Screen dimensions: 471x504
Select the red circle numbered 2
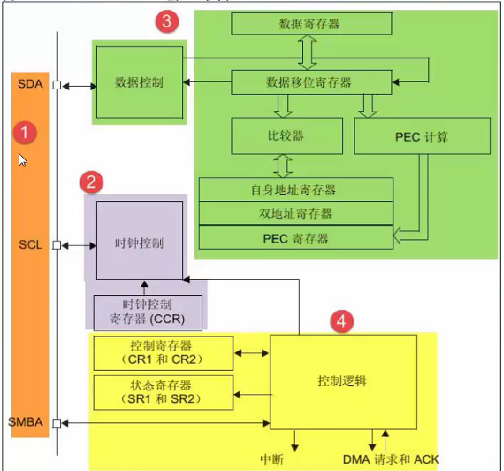92,184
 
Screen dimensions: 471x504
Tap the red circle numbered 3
166,21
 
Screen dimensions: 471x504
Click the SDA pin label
31,84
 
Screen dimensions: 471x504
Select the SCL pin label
30,245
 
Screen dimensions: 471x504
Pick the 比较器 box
287,136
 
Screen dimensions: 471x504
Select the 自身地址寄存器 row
295,190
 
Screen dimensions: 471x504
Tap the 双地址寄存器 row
295,214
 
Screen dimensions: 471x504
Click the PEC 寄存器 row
295,237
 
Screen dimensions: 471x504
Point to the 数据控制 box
139,82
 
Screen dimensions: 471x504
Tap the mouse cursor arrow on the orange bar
22,160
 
